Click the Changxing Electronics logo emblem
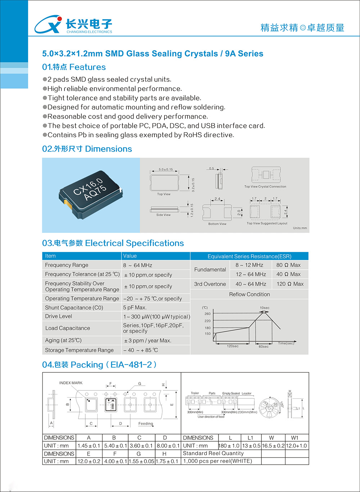(48, 24)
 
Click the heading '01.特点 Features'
(74, 67)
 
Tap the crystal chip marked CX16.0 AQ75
(91, 194)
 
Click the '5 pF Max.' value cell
(135, 308)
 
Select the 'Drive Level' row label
(59, 316)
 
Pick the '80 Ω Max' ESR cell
(288, 265)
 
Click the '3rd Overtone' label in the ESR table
(210, 284)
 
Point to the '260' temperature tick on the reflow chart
(208, 314)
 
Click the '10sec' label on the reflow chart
(265, 308)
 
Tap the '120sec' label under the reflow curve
(233, 346)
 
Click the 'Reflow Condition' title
(249, 294)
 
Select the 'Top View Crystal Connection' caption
(265, 187)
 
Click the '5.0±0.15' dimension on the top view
(166, 169)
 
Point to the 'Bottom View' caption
(217, 224)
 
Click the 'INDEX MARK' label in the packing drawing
(71, 383)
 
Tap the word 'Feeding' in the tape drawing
(146, 424)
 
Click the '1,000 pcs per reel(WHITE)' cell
(218, 461)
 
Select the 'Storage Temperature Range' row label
(79, 350)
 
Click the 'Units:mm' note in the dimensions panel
(300, 228)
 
